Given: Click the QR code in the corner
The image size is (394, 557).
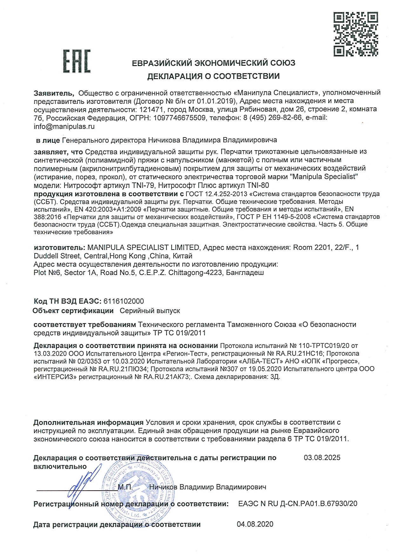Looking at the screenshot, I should pos(356,34).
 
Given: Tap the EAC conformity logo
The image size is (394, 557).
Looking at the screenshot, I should pos(77,61).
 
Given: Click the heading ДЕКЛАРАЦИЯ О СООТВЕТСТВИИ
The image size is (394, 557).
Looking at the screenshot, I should pos(213,76).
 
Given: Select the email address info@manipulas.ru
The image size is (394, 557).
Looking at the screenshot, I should pos(64,126).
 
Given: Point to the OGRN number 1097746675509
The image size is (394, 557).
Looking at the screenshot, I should pos(179,118).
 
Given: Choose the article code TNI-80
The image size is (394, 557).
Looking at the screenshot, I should pos(256,185).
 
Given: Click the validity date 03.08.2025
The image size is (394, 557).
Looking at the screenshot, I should pos(322,458).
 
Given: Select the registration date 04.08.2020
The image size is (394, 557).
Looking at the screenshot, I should pos(255,524).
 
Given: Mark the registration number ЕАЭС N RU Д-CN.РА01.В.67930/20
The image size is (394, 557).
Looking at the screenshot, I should pos(297,504).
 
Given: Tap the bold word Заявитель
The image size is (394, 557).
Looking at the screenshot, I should pos(54,93).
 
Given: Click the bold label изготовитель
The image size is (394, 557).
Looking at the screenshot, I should pos(59,247).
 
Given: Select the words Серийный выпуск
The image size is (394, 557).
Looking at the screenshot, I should pos(150,311).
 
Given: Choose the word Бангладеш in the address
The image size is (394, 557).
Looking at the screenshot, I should pos(245,273).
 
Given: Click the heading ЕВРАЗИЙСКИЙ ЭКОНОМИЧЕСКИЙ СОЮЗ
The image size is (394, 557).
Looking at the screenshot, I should pos(214,63).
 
